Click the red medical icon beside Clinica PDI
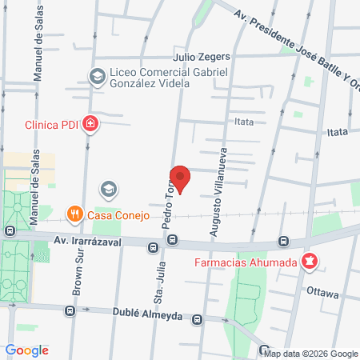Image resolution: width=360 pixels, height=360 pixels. pos(92,123)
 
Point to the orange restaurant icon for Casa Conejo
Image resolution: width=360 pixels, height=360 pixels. pos(74,213)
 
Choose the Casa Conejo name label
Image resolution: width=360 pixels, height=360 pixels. pos(114,213)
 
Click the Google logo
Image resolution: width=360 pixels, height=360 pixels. pos(27,350)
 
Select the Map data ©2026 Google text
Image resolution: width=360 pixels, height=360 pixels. pos(311,354)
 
